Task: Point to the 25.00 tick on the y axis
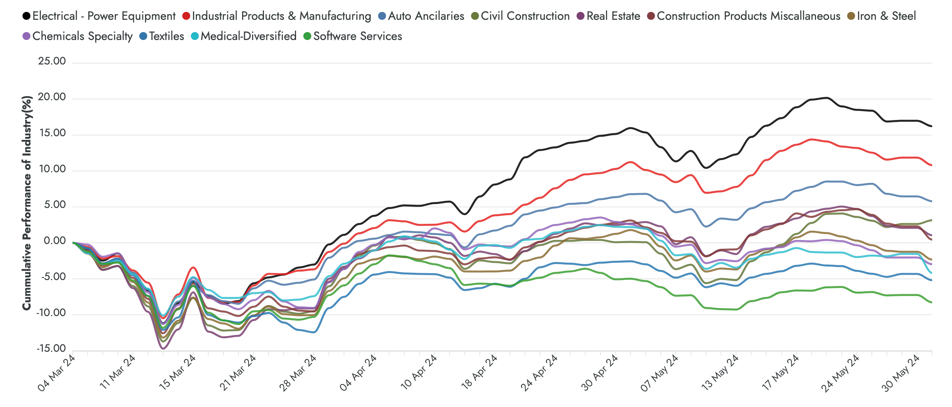pos(52,61)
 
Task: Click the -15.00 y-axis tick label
pos(51,349)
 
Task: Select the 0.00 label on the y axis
pos(54,241)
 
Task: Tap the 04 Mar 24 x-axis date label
pos(56,373)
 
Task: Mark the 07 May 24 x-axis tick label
pos(659,373)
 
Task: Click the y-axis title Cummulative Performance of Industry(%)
pos(26,203)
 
